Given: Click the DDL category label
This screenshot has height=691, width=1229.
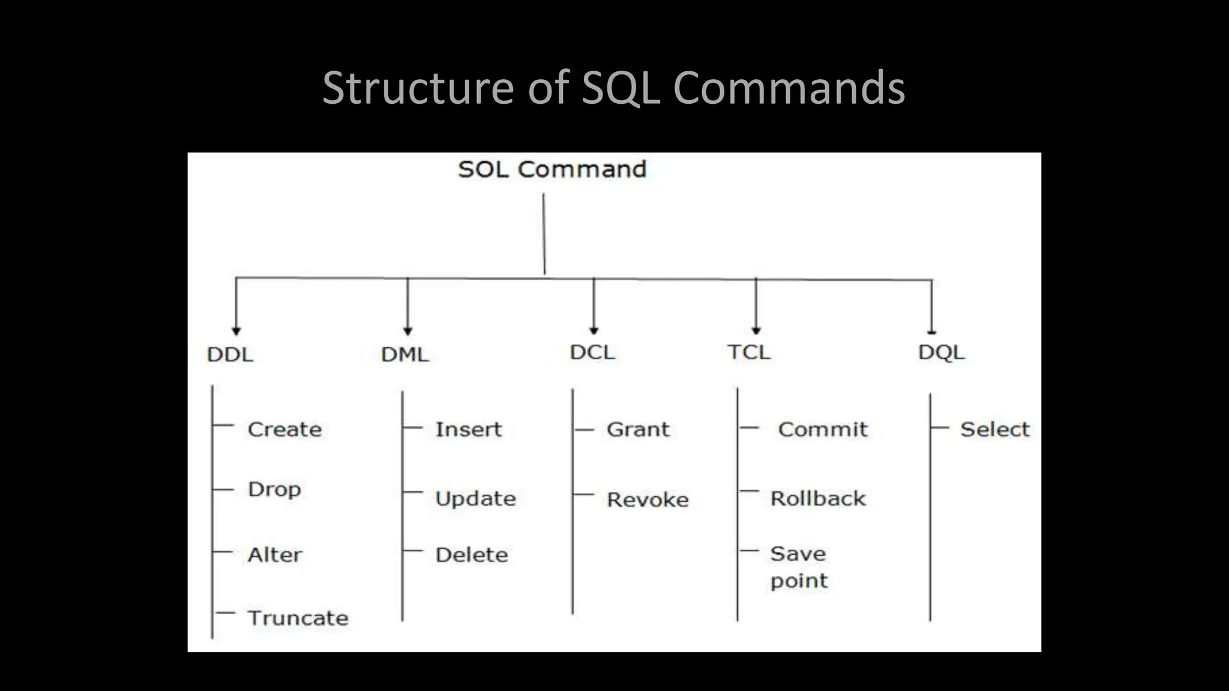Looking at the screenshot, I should click(x=230, y=354).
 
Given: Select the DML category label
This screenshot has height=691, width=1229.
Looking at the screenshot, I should click(x=405, y=354).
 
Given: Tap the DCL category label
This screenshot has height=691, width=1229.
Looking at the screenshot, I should click(x=592, y=352).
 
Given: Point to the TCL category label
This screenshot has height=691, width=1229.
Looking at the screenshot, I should click(x=749, y=352).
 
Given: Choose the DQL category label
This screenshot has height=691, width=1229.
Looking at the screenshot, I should click(x=941, y=352).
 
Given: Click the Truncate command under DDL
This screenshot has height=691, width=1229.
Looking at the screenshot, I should click(x=298, y=618).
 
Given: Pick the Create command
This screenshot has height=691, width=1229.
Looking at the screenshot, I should click(x=284, y=429).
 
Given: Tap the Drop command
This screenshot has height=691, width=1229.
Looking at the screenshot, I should click(x=274, y=489).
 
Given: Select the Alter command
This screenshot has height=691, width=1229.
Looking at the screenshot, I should click(x=275, y=555).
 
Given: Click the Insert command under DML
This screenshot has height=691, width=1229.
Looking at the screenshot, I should click(x=468, y=429).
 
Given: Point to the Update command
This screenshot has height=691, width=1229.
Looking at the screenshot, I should click(x=475, y=499).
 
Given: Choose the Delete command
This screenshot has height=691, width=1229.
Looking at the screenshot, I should click(x=472, y=555).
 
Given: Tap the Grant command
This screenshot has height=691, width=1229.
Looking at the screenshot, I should click(x=638, y=429).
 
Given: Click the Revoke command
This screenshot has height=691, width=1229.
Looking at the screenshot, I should click(x=648, y=500).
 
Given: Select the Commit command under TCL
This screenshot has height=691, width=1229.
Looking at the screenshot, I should click(x=823, y=429).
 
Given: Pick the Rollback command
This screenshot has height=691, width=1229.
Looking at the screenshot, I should click(x=818, y=498).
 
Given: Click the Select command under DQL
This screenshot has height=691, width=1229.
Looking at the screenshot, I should click(x=994, y=429).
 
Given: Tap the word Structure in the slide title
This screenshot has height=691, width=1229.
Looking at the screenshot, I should click(x=418, y=88).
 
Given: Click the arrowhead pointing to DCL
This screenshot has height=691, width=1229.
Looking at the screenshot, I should click(x=594, y=331).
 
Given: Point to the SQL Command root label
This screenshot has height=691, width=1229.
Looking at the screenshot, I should click(x=552, y=170).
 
